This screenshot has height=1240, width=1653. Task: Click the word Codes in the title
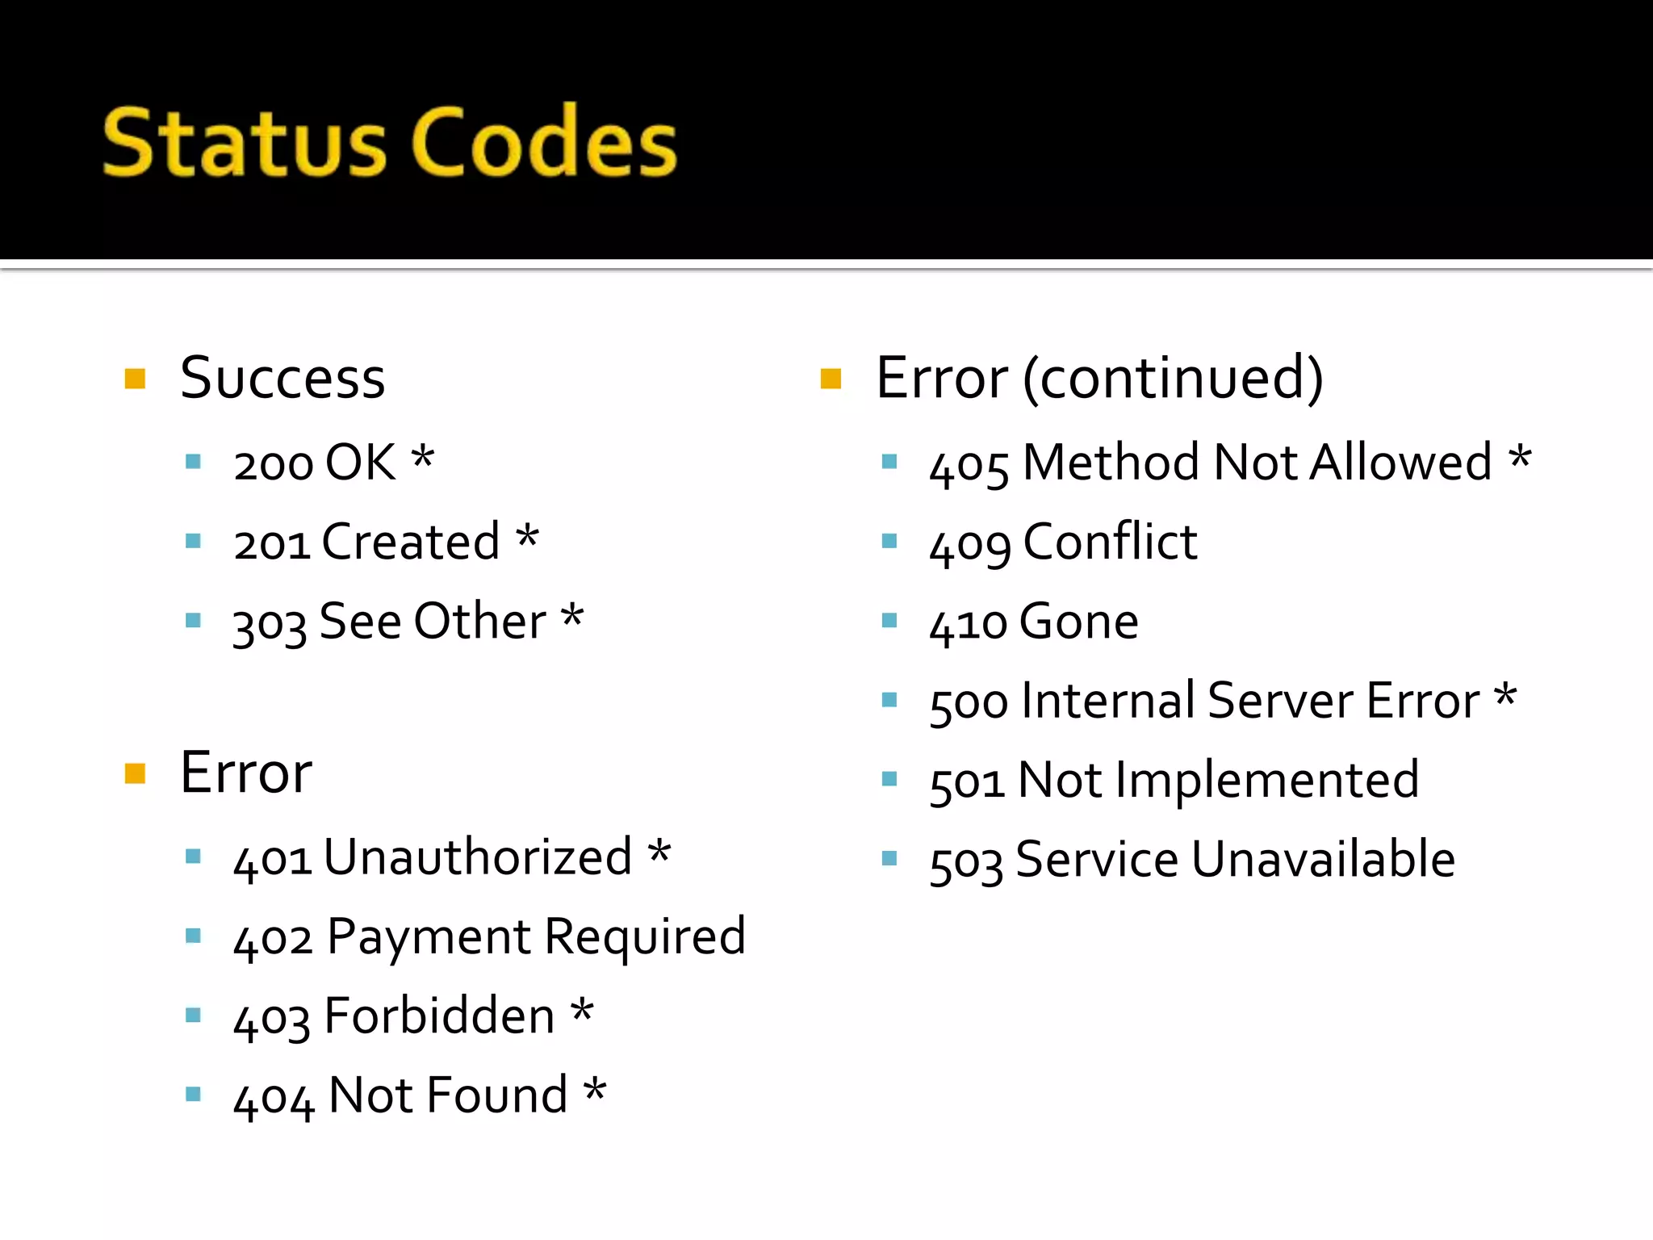pyautogui.click(x=545, y=142)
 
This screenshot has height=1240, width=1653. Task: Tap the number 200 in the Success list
pyautogui.click(x=272, y=464)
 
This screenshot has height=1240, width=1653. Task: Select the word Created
pyautogui.click(x=411, y=542)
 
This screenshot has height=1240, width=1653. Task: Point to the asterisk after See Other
pyautogui.click(x=572, y=618)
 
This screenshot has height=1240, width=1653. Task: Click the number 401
pyautogui.click(x=272, y=859)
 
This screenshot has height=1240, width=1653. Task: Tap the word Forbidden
pyautogui.click(x=439, y=1016)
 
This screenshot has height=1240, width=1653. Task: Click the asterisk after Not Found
pyautogui.click(x=595, y=1091)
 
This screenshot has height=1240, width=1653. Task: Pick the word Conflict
pyautogui.click(x=1110, y=542)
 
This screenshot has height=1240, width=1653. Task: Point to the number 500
pyautogui.click(x=969, y=702)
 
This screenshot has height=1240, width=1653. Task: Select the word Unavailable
pyautogui.click(x=1323, y=859)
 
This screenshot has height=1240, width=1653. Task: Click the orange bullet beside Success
pyautogui.click(x=135, y=379)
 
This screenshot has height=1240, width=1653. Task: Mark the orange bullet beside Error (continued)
pyautogui.click(x=831, y=379)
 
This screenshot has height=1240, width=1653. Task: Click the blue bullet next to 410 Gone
pyautogui.click(x=889, y=621)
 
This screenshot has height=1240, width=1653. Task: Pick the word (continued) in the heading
pyautogui.click(x=1173, y=378)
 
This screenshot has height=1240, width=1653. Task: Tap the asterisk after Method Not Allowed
pyautogui.click(x=1520, y=458)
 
